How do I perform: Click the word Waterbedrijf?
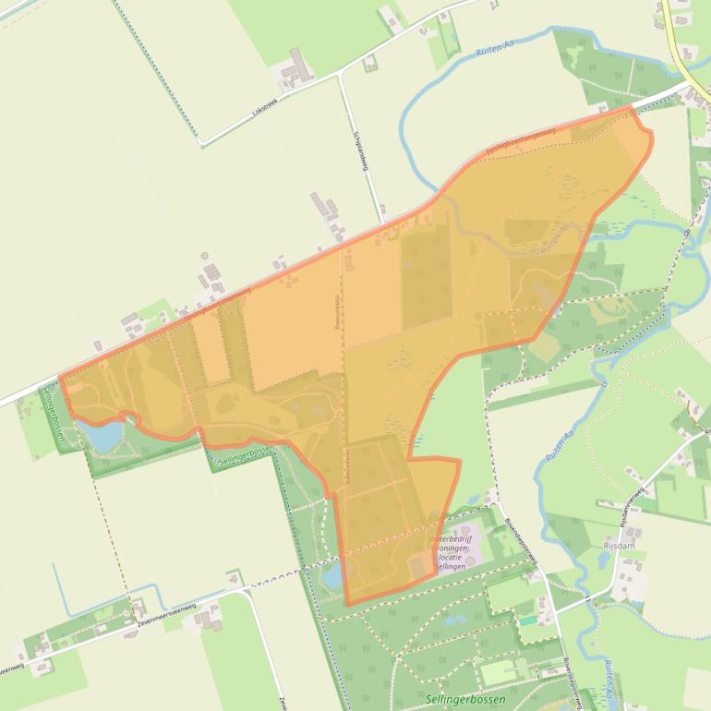pos(452,538)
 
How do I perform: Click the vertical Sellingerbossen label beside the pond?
pos(53,414)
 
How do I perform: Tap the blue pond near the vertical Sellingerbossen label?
pos(102,434)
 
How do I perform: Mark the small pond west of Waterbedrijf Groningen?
pos(331,578)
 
